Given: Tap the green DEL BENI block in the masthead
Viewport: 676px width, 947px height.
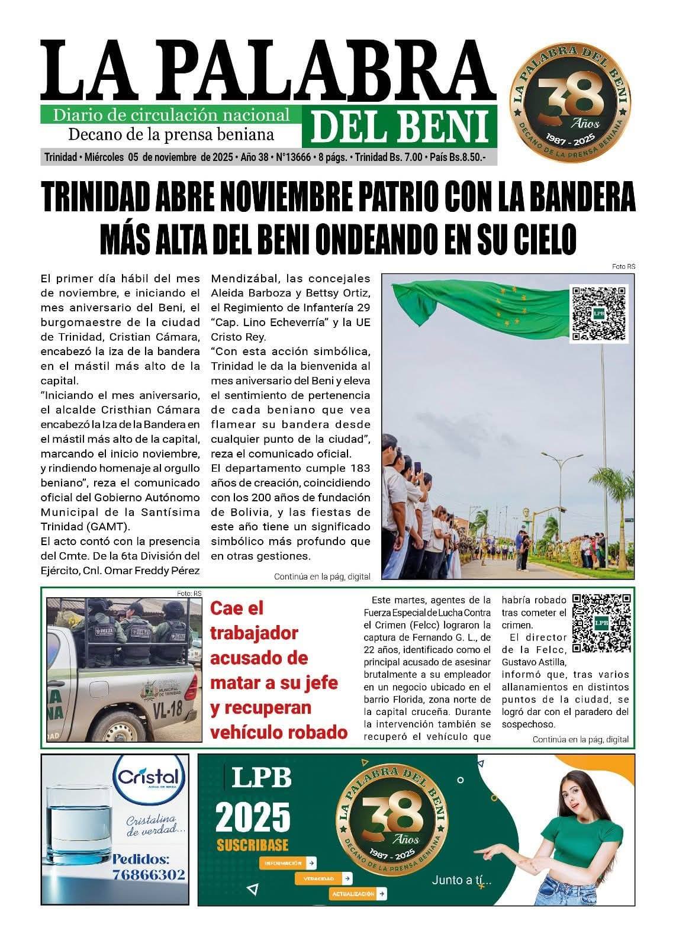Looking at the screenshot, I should click(x=399, y=127).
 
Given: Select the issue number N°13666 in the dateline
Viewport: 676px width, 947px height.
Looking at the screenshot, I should click(x=289, y=157).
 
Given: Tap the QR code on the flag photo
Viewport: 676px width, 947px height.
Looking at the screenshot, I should click(x=598, y=313).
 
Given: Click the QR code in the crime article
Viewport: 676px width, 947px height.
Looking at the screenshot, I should click(x=601, y=623).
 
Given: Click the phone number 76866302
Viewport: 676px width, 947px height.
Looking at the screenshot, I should click(x=149, y=874).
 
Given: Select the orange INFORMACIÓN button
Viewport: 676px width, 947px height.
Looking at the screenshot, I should click(x=288, y=863).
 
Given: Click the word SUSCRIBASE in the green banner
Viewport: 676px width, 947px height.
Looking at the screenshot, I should click(x=253, y=844).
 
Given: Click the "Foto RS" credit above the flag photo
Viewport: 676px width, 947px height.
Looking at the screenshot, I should click(x=623, y=267).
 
